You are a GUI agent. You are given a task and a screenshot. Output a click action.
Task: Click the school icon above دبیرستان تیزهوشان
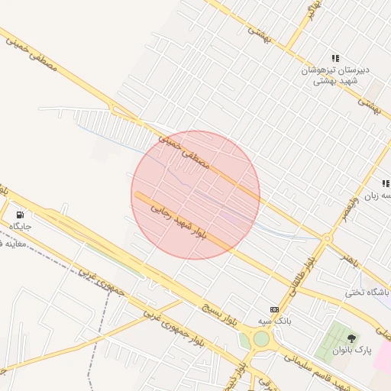point(335,58)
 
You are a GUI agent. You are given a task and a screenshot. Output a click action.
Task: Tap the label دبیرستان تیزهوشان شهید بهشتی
point(336,75)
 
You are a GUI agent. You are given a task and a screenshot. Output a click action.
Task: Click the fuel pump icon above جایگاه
point(20,215)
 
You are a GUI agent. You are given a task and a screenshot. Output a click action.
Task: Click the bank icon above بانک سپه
point(274,309)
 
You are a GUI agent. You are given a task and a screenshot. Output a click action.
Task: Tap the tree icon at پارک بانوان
point(351,338)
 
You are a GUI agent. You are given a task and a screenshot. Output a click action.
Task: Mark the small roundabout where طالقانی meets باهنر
point(327,239)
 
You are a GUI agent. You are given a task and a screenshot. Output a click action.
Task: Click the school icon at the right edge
point(386,183)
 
